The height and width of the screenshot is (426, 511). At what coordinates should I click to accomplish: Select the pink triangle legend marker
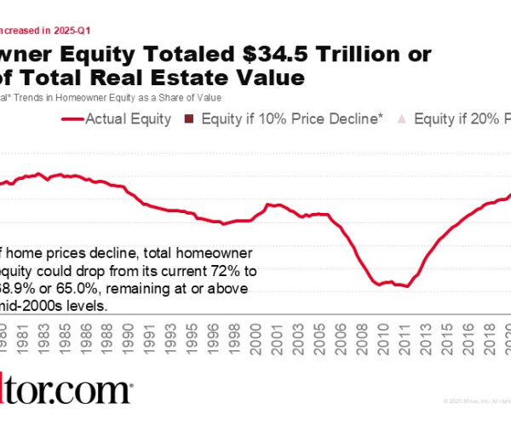click(x=403, y=120)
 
